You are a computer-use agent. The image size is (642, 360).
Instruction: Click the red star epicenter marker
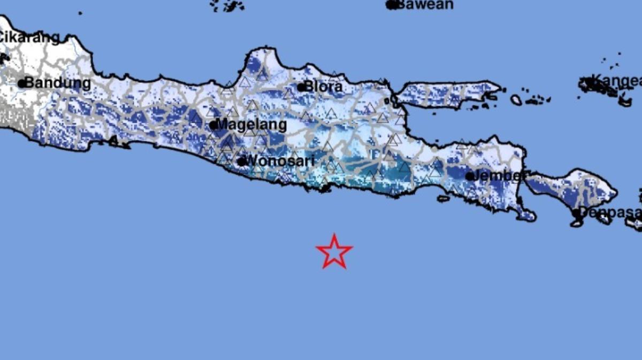coord(334,251)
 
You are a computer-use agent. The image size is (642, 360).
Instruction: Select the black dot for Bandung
coord(22,83)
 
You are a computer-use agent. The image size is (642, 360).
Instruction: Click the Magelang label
coord(251,125)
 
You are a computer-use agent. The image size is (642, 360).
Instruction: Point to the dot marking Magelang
coord(213,126)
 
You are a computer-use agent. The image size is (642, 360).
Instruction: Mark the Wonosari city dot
coord(242,161)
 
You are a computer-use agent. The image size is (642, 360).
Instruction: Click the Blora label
coord(324,87)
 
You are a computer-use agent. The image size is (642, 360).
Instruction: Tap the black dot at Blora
coord(302,87)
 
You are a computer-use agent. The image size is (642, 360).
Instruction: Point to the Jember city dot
coord(470,176)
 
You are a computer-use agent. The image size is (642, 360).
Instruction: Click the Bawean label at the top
coord(426,5)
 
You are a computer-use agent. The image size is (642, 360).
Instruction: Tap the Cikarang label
coord(29,37)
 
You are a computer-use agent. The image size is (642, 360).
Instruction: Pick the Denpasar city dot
coord(576,212)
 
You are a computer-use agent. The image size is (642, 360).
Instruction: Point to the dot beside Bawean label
coord(391,5)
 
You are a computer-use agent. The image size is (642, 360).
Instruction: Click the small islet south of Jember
coord(444,198)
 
